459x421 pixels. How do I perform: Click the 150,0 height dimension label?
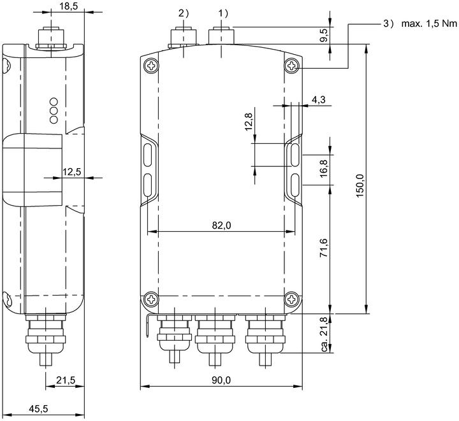point(360,185)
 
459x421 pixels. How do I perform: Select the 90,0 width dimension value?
point(221,380)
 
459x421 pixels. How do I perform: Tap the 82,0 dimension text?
point(221,225)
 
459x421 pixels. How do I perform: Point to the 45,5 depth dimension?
point(38,409)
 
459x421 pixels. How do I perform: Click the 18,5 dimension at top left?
point(69,6)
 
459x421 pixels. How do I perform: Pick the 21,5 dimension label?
point(66,380)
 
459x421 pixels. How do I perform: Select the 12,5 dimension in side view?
point(71,171)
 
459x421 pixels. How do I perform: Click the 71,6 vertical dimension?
point(324,248)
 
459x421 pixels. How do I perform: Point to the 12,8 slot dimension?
point(248,122)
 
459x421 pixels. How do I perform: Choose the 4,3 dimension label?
point(319,100)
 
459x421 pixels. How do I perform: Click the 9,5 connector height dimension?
point(324,36)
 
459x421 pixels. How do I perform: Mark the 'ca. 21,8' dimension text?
point(324,334)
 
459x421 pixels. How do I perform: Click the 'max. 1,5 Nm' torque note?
point(429,24)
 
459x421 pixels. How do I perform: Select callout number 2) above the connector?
point(184,13)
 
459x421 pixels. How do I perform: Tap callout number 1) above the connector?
point(223,13)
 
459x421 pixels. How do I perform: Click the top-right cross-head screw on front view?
point(291,66)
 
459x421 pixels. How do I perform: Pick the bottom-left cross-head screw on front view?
point(152,299)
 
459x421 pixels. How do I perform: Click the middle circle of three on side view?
point(54,111)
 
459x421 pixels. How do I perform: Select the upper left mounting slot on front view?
point(148,155)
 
